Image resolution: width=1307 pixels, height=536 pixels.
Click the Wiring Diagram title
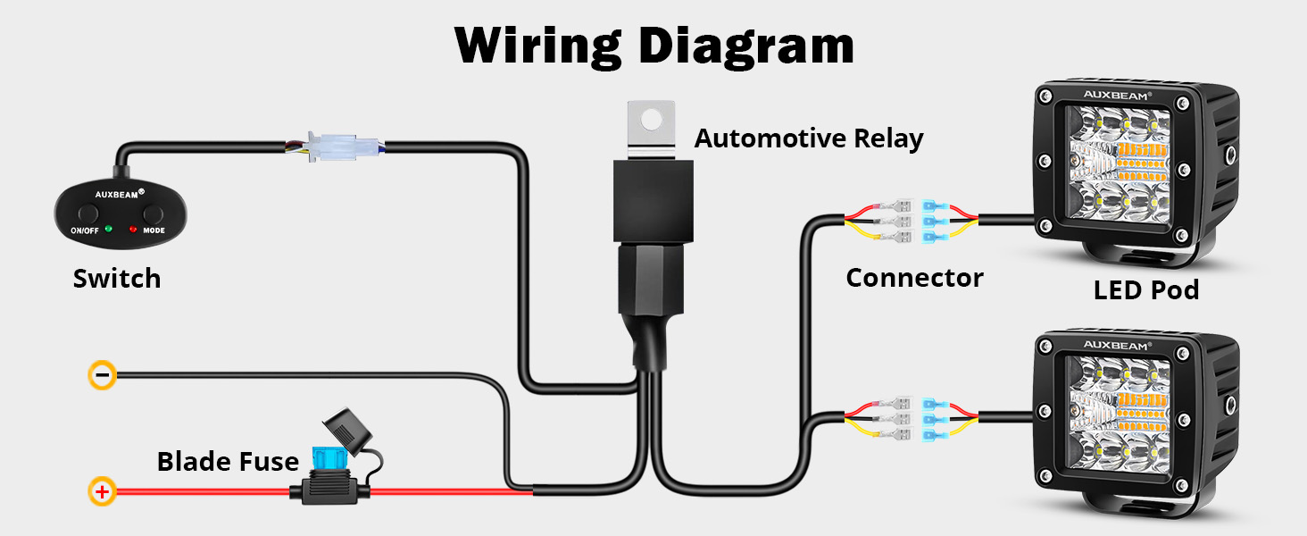click(x=653, y=45)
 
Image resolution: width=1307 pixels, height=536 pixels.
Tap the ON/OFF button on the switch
click(x=87, y=214)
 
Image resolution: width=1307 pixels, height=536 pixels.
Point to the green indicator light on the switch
click(x=107, y=229)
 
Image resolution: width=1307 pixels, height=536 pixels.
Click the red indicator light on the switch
click(x=133, y=229)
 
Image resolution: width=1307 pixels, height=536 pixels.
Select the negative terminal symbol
click(x=103, y=375)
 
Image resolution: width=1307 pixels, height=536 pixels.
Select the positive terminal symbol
click(x=103, y=490)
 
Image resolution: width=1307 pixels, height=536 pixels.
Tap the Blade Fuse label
click(x=228, y=462)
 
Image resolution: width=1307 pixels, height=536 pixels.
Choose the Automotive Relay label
click(x=808, y=138)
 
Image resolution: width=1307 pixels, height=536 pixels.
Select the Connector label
click(x=914, y=278)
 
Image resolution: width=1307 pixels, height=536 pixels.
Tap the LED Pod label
click(x=1145, y=289)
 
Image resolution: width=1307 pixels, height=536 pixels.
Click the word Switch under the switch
click(x=117, y=279)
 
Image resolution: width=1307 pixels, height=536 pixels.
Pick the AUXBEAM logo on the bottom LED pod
click(x=1118, y=344)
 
